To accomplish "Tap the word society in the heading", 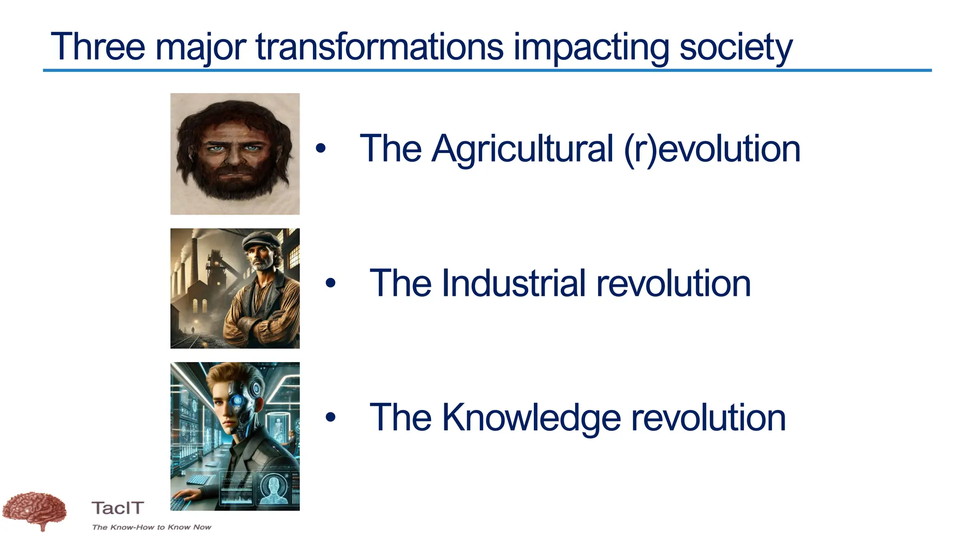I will click(x=735, y=47).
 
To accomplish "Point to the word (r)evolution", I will click(x=712, y=149).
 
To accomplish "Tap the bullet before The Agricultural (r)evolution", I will click(x=321, y=149).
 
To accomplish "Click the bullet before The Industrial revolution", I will click(x=330, y=283).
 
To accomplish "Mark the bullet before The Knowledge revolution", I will click(x=330, y=418).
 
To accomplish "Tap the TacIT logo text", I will click(x=118, y=508).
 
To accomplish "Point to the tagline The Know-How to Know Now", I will click(x=152, y=527).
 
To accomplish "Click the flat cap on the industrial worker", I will click(x=261, y=238).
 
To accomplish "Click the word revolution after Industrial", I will click(x=673, y=283).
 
